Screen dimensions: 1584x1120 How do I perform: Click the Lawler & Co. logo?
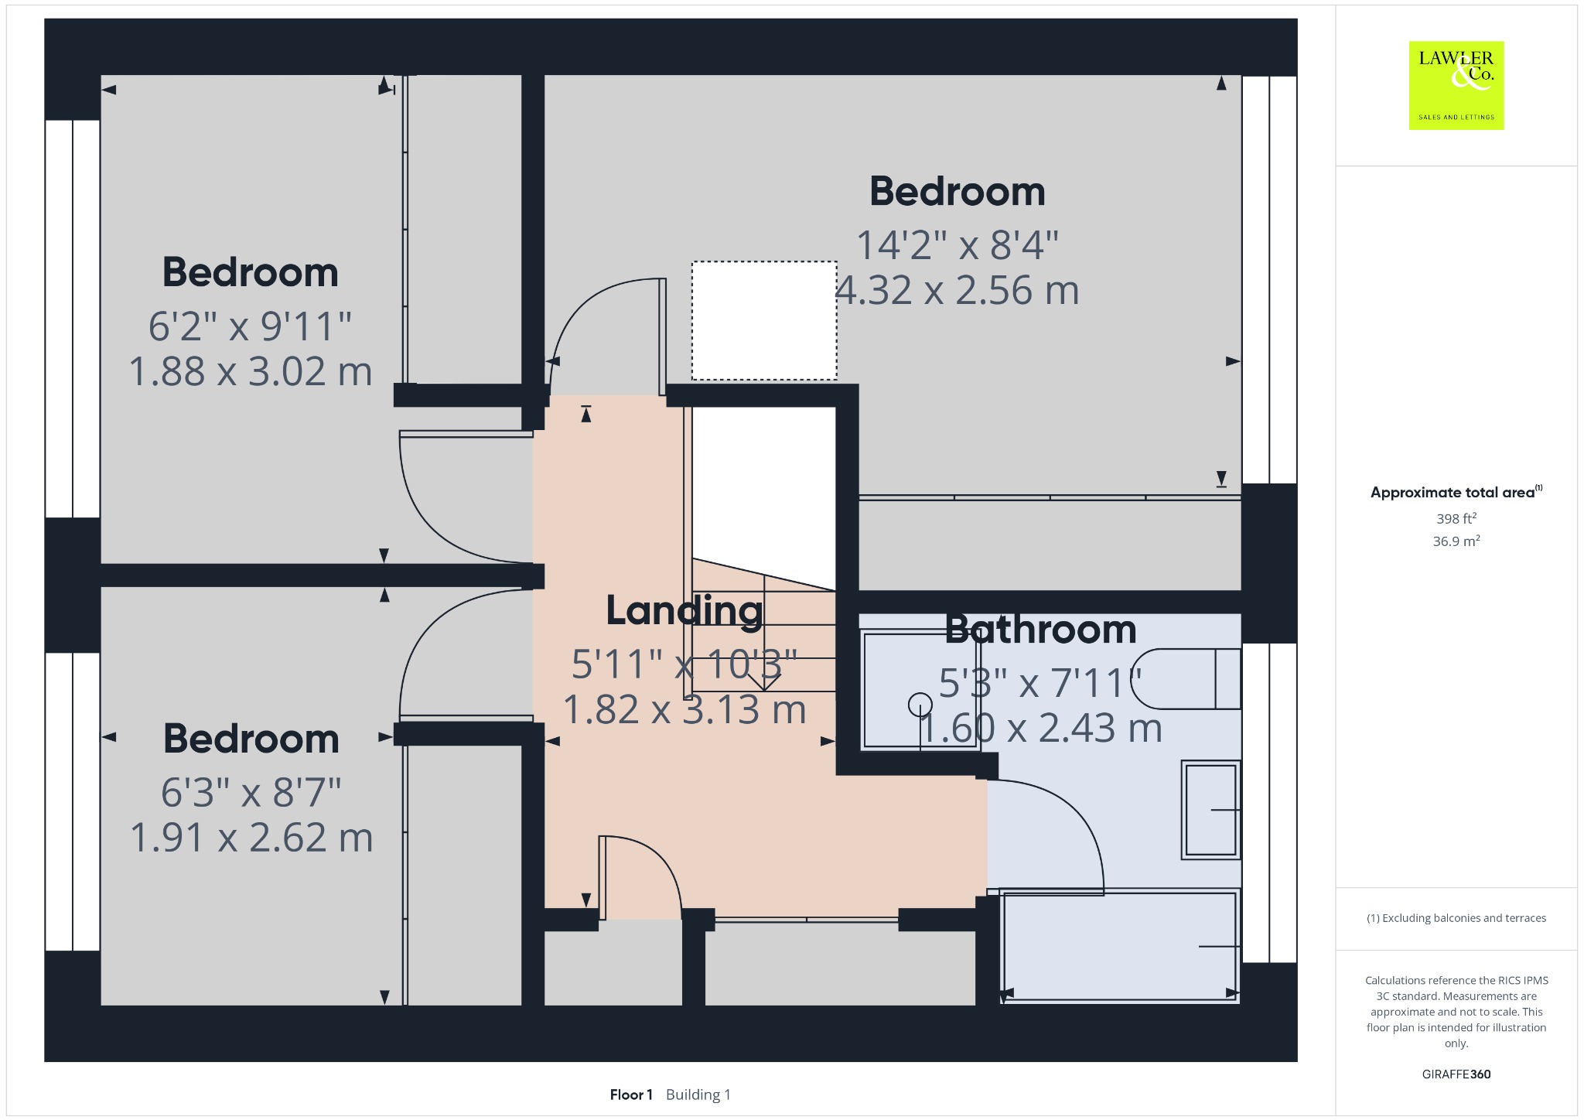tap(1456, 85)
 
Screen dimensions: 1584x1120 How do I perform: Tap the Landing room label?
tap(684, 611)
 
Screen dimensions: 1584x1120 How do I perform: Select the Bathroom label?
tap(1040, 630)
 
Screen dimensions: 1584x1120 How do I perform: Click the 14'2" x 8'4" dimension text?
tap(957, 245)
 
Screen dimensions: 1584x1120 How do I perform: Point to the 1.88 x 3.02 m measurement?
tap(250, 371)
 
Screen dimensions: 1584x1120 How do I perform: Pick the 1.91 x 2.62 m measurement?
tap(251, 838)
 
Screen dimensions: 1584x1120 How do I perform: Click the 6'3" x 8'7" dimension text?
tap(251, 793)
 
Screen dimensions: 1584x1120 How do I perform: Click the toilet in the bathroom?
tap(1186, 678)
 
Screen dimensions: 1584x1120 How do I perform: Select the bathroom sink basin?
tap(1210, 810)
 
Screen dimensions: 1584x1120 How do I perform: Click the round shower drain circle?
tap(920, 705)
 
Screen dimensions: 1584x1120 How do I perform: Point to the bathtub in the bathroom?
tap(1120, 946)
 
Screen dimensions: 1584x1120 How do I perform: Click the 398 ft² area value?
tap(1456, 518)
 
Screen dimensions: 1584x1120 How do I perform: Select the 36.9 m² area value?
tap(1456, 541)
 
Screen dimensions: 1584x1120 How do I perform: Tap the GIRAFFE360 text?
tap(1456, 1074)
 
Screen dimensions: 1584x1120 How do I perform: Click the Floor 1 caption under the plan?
tap(631, 1094)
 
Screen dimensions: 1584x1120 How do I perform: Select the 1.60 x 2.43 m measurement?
tap(1040, 728)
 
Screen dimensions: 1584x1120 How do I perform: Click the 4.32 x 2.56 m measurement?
tap(957, 290)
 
